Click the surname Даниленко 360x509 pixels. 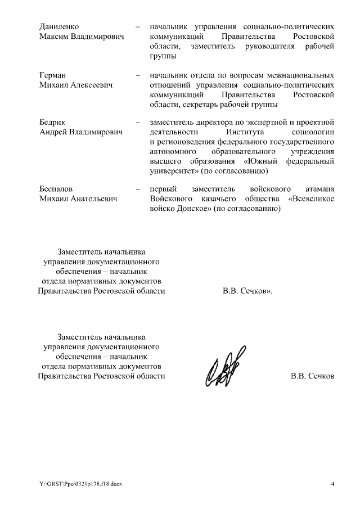pyautogui.click(x=58, y=27)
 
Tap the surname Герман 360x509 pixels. pyautogui.click(x=52, y=75)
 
